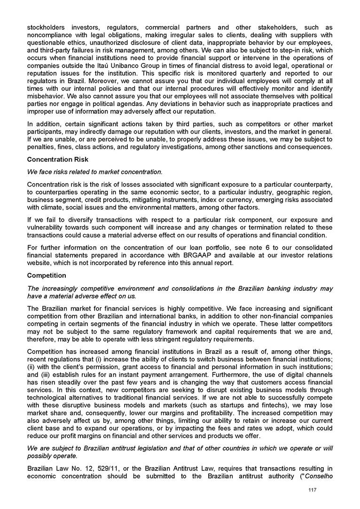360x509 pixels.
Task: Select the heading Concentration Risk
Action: pyautogui.click(x=58, y=160)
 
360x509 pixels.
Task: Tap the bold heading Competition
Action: pyautogui.click(x=47, y=275)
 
